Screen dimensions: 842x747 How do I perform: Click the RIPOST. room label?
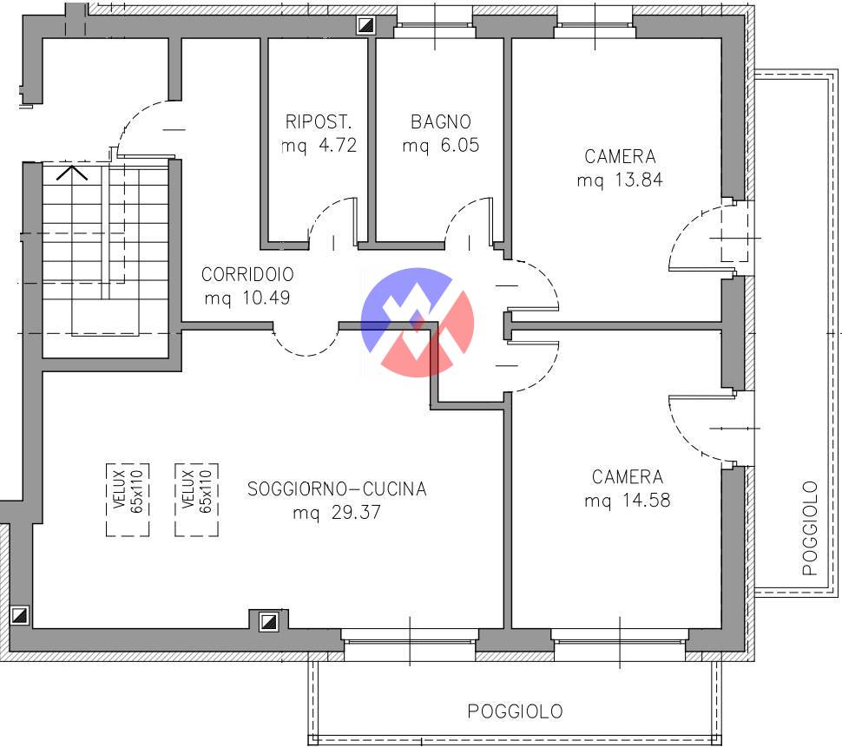point(318,121)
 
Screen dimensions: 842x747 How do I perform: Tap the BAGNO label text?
point(441,121)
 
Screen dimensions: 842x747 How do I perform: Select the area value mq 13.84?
point(620,180)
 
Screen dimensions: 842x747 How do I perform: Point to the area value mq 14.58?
point(628,500)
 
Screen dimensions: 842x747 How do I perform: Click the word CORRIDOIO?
point(247,274)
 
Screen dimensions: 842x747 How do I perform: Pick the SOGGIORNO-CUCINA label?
point(337,488)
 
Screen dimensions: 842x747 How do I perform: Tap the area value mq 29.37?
point(337,512)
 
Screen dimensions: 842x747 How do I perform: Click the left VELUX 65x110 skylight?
point(128,500)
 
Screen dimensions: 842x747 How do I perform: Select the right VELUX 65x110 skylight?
point(196,500)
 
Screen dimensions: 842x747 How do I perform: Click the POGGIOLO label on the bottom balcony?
point(515,711)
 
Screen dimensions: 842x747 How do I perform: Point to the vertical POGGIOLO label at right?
point(809,528)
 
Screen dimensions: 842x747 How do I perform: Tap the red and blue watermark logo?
point(418,322)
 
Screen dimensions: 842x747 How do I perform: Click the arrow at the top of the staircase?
point(72,173)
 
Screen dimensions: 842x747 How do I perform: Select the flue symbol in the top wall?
point(366,24)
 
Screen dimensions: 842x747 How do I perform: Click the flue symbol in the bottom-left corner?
point(20,615)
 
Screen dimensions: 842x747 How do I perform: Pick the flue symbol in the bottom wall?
point(268,621)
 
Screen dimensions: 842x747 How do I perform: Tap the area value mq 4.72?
point(319,146)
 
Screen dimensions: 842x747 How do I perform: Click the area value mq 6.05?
point(441,146)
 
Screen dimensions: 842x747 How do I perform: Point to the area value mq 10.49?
point(247,298)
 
